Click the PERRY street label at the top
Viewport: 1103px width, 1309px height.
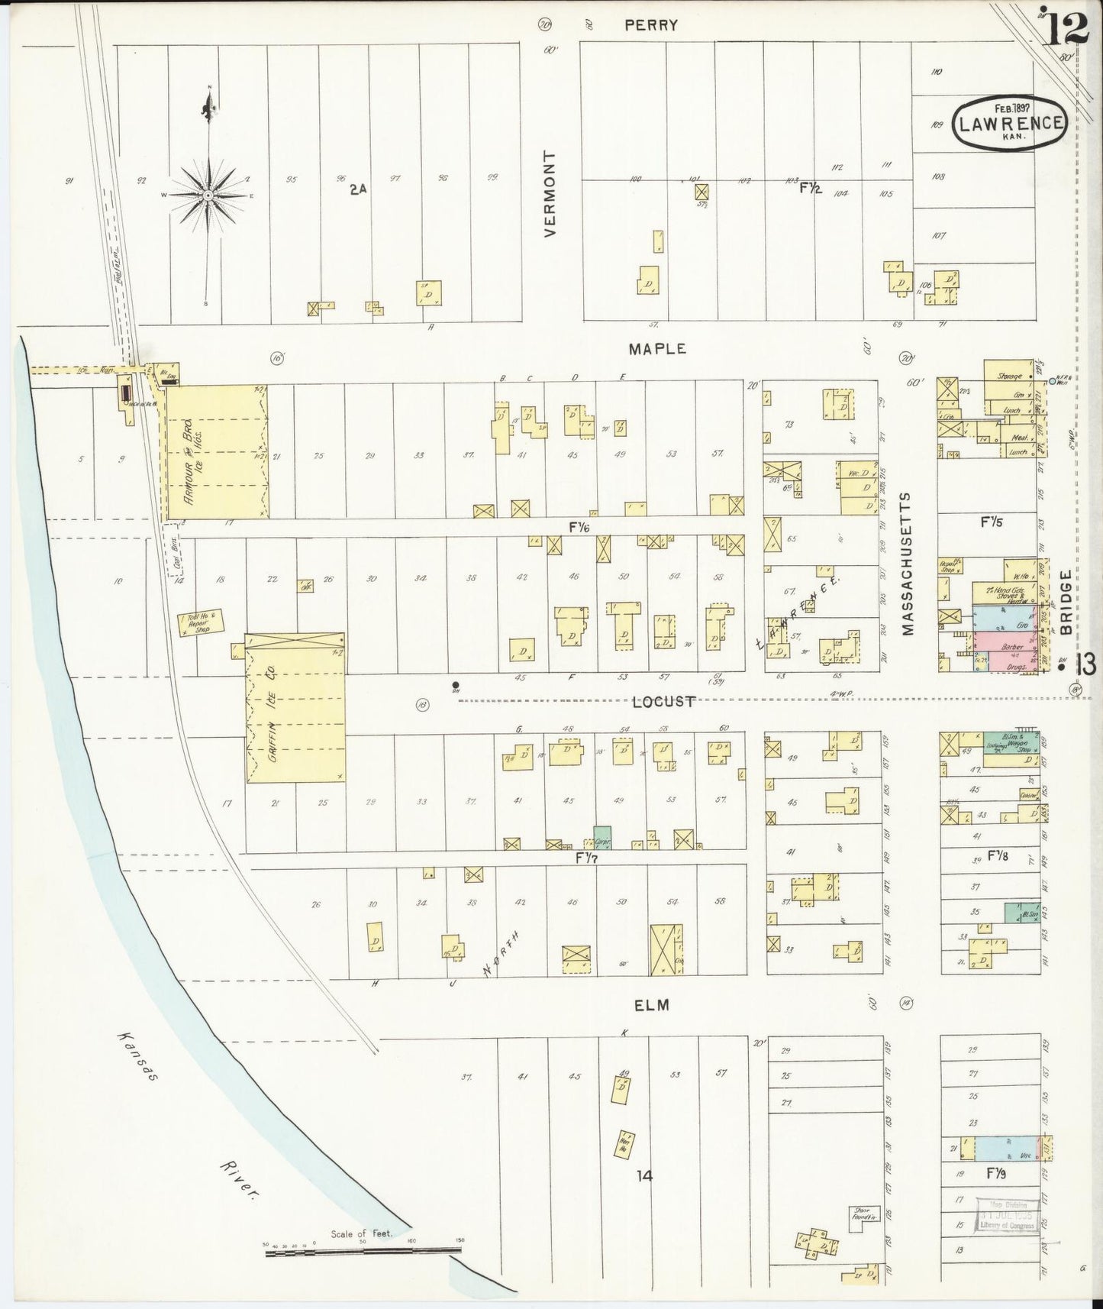pos(650,24)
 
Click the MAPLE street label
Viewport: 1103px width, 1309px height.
pos(657,348)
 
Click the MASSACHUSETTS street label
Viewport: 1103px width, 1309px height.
pos(906,564)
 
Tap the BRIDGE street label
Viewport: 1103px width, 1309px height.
pos(1066,603)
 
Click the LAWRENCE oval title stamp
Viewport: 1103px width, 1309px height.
pos(1008,123)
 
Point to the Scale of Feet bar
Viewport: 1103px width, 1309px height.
pos(363,1250)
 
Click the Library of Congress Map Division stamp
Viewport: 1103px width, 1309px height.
pos(1008,1218)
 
